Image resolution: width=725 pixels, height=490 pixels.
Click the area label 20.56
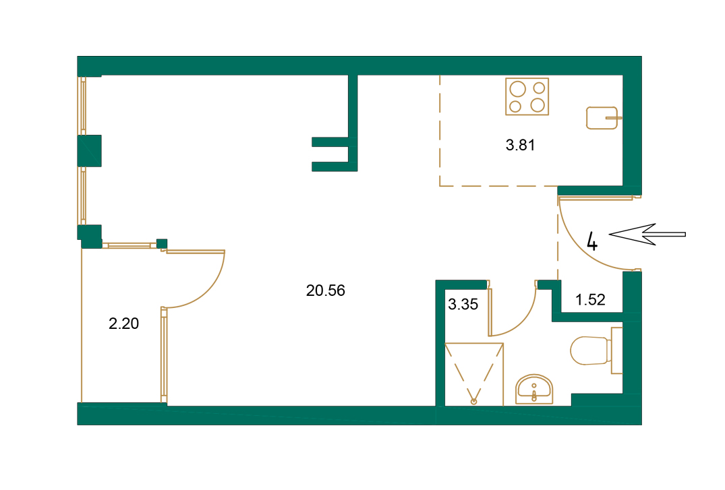click(325, 290)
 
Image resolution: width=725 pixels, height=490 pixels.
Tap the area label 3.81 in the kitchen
click(520, 144)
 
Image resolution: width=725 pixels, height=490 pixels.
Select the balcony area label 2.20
click(123, 324)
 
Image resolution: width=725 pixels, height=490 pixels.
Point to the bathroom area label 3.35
click(463, 304)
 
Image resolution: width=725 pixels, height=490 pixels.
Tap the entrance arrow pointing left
click(647, 235)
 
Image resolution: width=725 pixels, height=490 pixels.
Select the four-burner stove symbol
click(527, 96)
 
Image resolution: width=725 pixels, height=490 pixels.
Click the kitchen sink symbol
click(602, 118)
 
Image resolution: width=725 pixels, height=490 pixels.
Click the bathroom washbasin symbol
click(533, 390)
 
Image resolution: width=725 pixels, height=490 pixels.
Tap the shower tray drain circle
click(473, 401)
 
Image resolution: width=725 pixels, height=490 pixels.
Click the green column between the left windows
click(89, 150)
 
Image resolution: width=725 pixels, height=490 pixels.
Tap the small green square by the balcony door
click(161, 243)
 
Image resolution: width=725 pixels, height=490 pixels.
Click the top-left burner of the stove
click(518, 89)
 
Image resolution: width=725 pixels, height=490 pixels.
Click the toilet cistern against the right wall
click(616, 350)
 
